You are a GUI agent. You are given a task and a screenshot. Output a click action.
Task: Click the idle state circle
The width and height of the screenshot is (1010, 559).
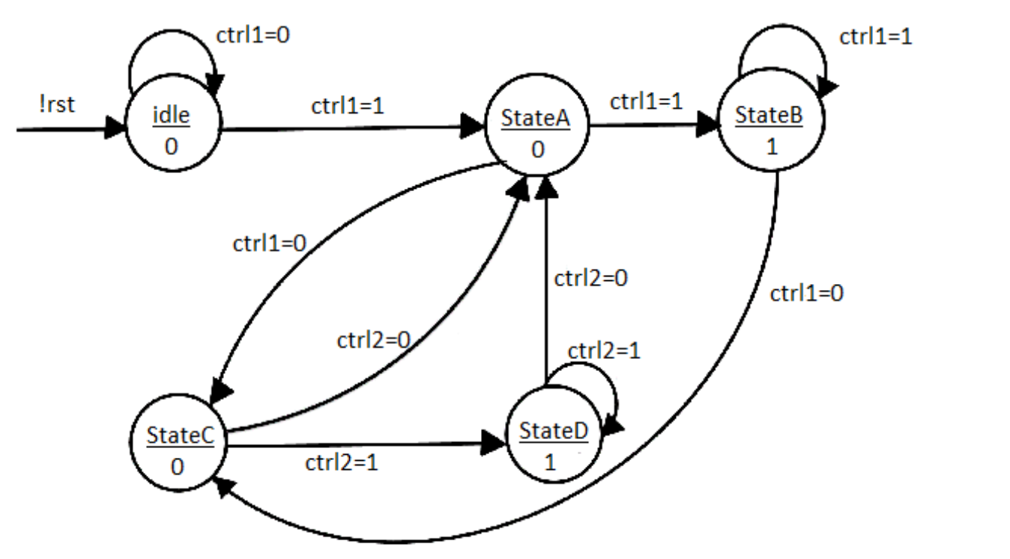coord(172,129)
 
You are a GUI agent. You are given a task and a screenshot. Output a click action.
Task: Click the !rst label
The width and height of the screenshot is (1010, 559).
coord(57,105)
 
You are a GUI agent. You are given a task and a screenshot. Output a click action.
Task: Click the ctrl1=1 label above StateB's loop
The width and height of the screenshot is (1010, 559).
coord(875,37)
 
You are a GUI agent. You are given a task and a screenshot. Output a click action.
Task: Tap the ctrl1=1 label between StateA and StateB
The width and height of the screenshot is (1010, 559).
coord(646,103)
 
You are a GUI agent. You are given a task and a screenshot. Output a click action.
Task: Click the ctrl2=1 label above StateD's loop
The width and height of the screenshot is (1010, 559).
coord(604,350)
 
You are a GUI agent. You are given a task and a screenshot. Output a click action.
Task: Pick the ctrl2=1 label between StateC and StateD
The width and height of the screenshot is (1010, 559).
coord(342,462)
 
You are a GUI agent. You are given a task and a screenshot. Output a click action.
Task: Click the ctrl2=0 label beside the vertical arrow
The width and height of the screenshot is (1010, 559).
coord(590,279)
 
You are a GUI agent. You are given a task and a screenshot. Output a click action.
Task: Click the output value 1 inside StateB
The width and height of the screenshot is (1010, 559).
coord(771,145)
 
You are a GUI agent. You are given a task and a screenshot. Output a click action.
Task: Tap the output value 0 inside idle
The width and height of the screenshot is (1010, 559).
coord(172,146)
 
